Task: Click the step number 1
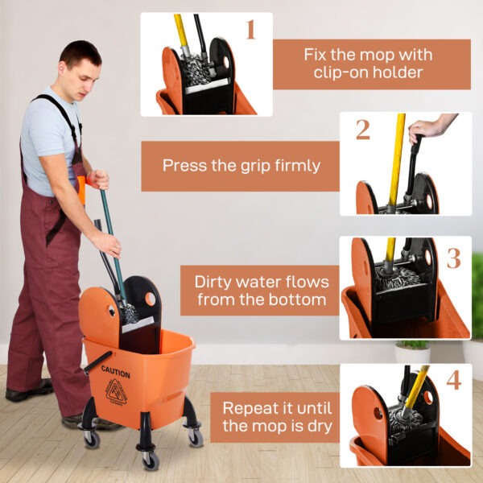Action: click(x=250, y=30)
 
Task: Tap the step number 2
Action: click(x=362, y=129)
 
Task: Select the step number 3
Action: click(x=453, y=258)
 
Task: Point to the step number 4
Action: click(x=453, y=380)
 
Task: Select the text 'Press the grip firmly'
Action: click(x=241, y=166)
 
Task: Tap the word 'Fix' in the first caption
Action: click(x=318, y=55)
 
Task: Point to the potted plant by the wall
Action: click(x=412, y=351)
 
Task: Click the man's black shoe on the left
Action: click(x=28, y=394)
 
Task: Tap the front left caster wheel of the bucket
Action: click(x=91, y=439)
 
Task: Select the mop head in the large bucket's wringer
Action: click(x=129, y=312)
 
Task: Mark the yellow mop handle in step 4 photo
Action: click(x=415, y=389)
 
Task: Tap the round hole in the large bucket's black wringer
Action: click(x=150, y=299)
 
